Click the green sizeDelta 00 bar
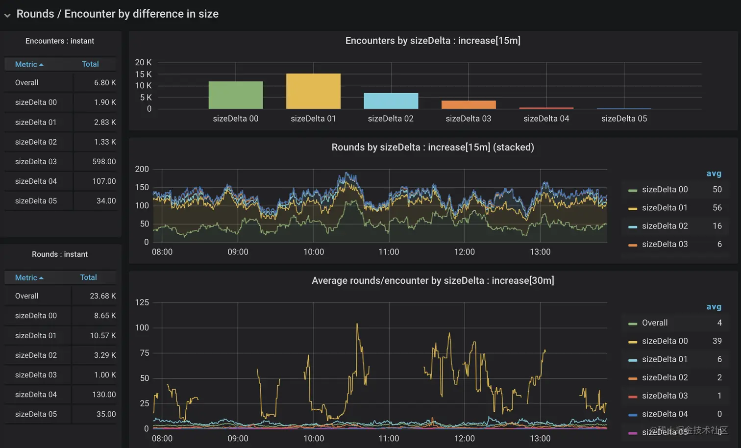point(236,95)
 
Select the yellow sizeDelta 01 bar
point(313,91)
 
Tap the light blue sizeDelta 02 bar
point(391,101)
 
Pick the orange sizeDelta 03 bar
point(469,105)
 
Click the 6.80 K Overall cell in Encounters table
point(105,83)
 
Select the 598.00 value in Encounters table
point(104,161)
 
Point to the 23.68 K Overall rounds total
point(103,296)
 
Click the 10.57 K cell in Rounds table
point(103,335)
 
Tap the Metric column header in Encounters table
point(28,64)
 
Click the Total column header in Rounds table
point(89,277)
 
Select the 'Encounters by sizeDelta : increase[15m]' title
point(433,41)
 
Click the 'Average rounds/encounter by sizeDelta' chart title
point(433,280)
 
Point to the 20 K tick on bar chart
point(143,62)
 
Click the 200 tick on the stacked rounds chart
point(142,169)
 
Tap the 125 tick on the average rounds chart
point(142,302)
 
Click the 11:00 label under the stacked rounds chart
point(389,252)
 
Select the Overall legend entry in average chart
point(655,323)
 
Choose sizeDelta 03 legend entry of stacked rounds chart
point(665,244)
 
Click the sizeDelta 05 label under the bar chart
point(624,119)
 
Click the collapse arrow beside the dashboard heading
point(7,15)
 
